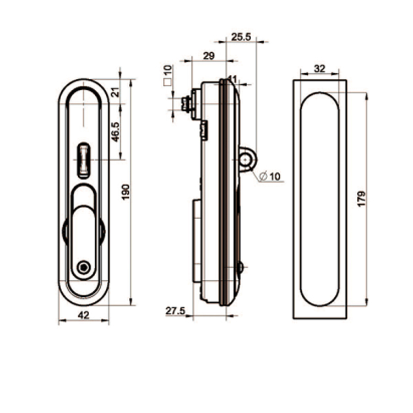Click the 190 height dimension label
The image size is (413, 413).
point(126,192)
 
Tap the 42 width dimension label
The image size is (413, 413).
point(84,315)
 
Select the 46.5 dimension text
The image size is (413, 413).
point(116,132)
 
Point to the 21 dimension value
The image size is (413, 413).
point(116,92)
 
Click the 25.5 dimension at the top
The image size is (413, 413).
point(241,37)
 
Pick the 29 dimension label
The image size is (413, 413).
point(209,56)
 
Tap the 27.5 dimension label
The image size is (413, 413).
point(176,311)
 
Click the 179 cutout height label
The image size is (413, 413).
point(362,199)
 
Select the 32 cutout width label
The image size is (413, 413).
point(319,69)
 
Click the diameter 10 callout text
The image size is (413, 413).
point(270,176)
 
